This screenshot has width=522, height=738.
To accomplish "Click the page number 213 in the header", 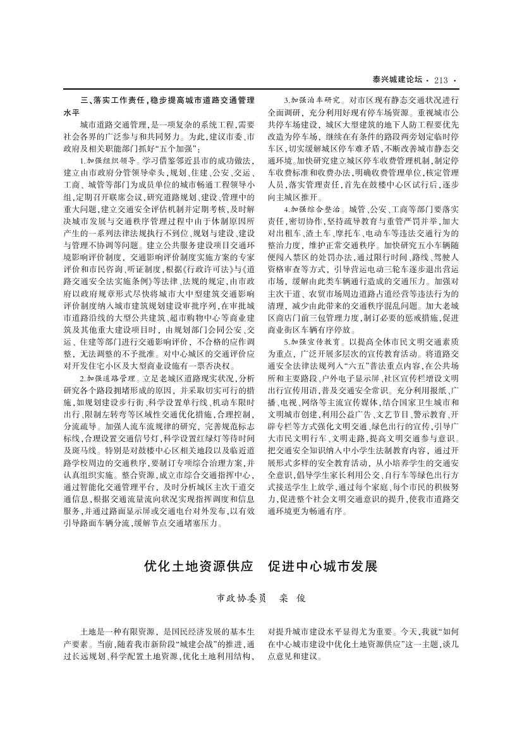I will click(x=441, y=80).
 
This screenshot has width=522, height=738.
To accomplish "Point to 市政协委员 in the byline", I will click(x=241, y=597).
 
